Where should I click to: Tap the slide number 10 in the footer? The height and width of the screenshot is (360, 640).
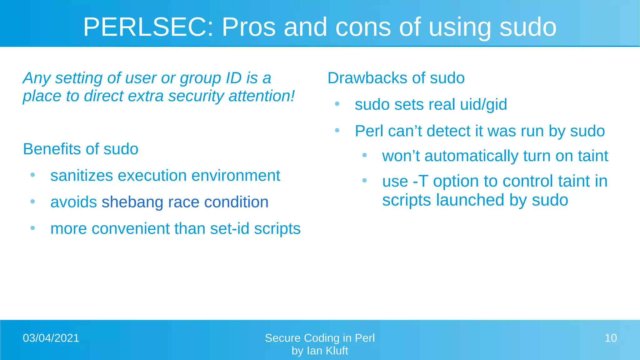pos(610,338)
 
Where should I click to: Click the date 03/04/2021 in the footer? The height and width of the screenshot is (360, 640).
pos(51,338)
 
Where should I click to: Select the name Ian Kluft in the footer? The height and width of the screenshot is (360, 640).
pos(327,351)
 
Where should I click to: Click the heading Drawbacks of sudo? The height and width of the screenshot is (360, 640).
pos(396,78)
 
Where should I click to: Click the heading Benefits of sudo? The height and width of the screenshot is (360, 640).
pos(80,149)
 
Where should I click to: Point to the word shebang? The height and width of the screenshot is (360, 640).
pos(132,202)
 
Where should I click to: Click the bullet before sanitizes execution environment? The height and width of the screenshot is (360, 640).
pos(32,175)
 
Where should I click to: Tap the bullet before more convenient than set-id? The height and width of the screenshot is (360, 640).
pos(32,228)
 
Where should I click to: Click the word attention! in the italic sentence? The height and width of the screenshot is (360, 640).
pos(262,96)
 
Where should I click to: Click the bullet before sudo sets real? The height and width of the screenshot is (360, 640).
pos(337,104)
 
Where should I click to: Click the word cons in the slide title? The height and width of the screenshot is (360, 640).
pos(363,27)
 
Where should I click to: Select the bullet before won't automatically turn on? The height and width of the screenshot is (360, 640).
pos(364,155)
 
